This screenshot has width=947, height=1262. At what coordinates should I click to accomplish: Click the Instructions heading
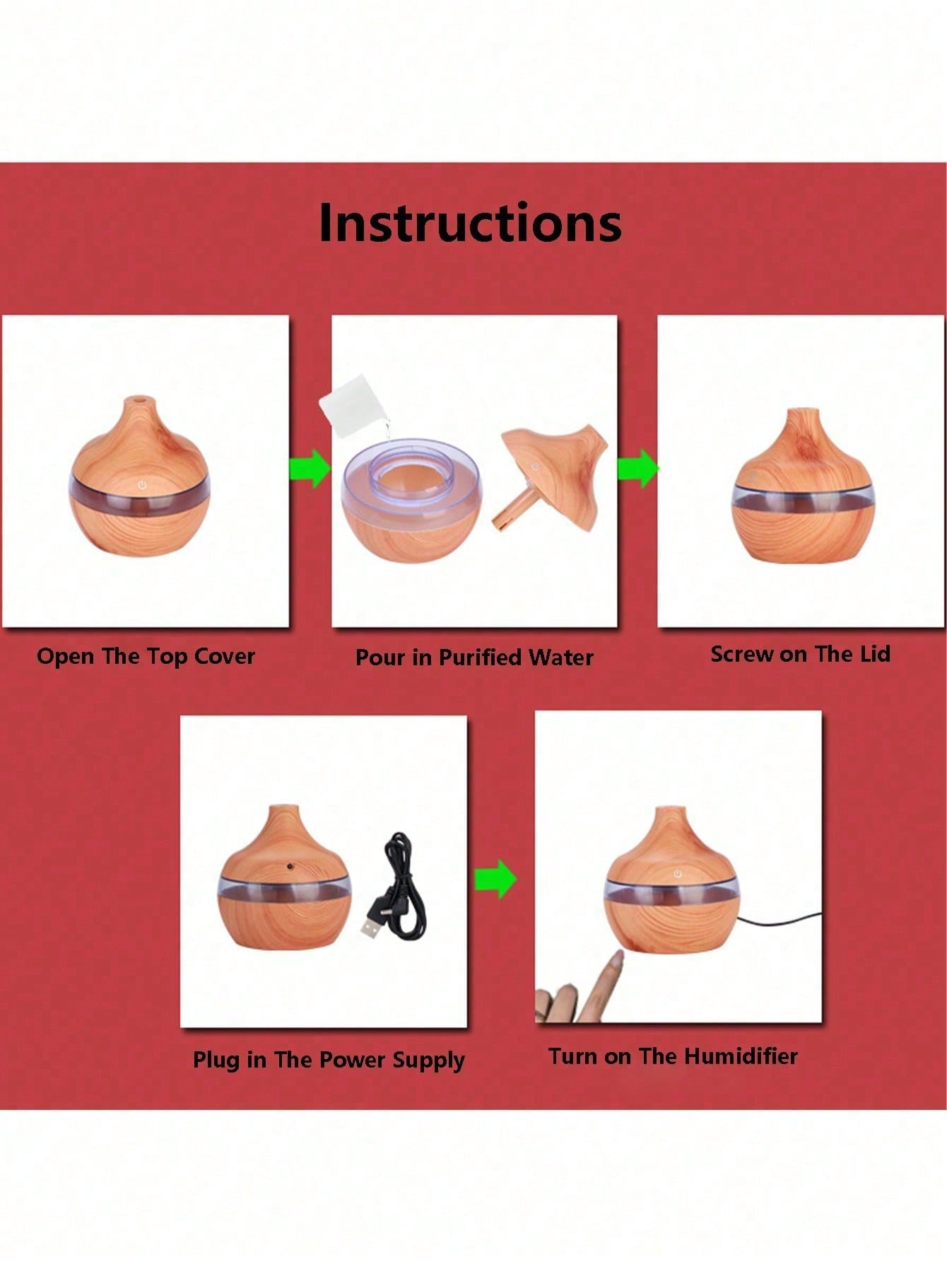(470, 223)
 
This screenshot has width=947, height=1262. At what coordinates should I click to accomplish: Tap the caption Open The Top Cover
(146, 656)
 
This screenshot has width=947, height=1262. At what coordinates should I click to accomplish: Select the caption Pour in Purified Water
(474, 658)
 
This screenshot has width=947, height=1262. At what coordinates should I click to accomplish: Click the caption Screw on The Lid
(800, 654)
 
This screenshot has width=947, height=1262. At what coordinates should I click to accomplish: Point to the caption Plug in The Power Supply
(329, 1060)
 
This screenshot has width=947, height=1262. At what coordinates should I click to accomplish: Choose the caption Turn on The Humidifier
(674, 1056)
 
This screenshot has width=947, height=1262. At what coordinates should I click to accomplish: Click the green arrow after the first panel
(310, 467)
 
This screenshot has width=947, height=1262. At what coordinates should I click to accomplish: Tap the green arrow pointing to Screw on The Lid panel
(638, 467)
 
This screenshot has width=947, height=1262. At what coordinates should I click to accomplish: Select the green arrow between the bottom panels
(495, 880)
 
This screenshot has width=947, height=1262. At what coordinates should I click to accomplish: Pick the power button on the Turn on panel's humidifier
(678, 875)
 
